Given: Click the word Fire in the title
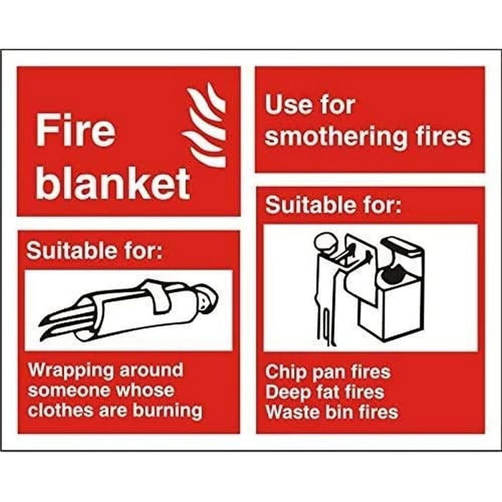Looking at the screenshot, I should (x=75, y=132).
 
